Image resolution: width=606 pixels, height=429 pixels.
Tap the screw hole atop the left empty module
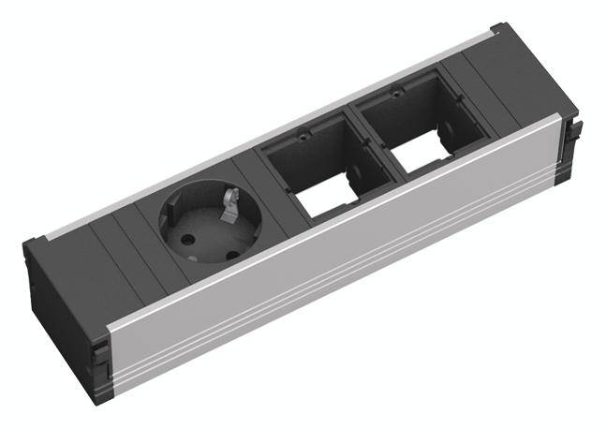pyautogui.click(x=304, y=135)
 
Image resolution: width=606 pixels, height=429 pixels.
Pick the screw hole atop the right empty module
pyautogui.click(x=396, y=94)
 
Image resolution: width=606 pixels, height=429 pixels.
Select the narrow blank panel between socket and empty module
pyautogui.click(x=251, y=178)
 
